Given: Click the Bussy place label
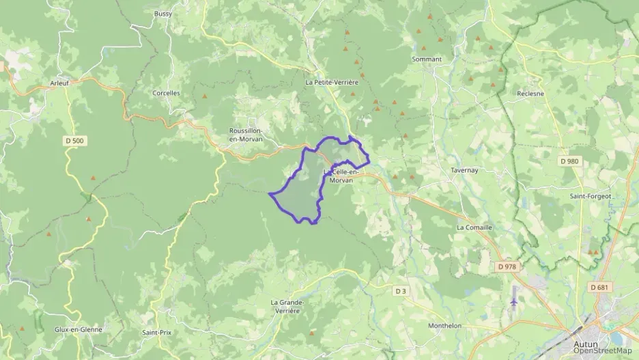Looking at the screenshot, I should pos(163,14).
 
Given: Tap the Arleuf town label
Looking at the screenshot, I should pos(60,83).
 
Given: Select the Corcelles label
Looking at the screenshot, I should pos(166,93).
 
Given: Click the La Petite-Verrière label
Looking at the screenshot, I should pos(332,82).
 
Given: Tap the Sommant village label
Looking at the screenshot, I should pos(427,59).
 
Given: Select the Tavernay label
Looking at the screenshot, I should pos(467,170).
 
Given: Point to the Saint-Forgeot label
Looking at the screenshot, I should pos(591,196).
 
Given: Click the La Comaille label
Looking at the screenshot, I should pos(474,227).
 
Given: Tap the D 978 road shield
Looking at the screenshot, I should pos(507,266).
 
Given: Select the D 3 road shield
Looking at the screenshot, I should pos(401,291).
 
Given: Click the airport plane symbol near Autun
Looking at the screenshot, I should pos(513,302).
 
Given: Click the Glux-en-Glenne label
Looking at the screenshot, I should pos(78,329).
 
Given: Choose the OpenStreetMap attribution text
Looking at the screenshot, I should pos(602,350).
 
